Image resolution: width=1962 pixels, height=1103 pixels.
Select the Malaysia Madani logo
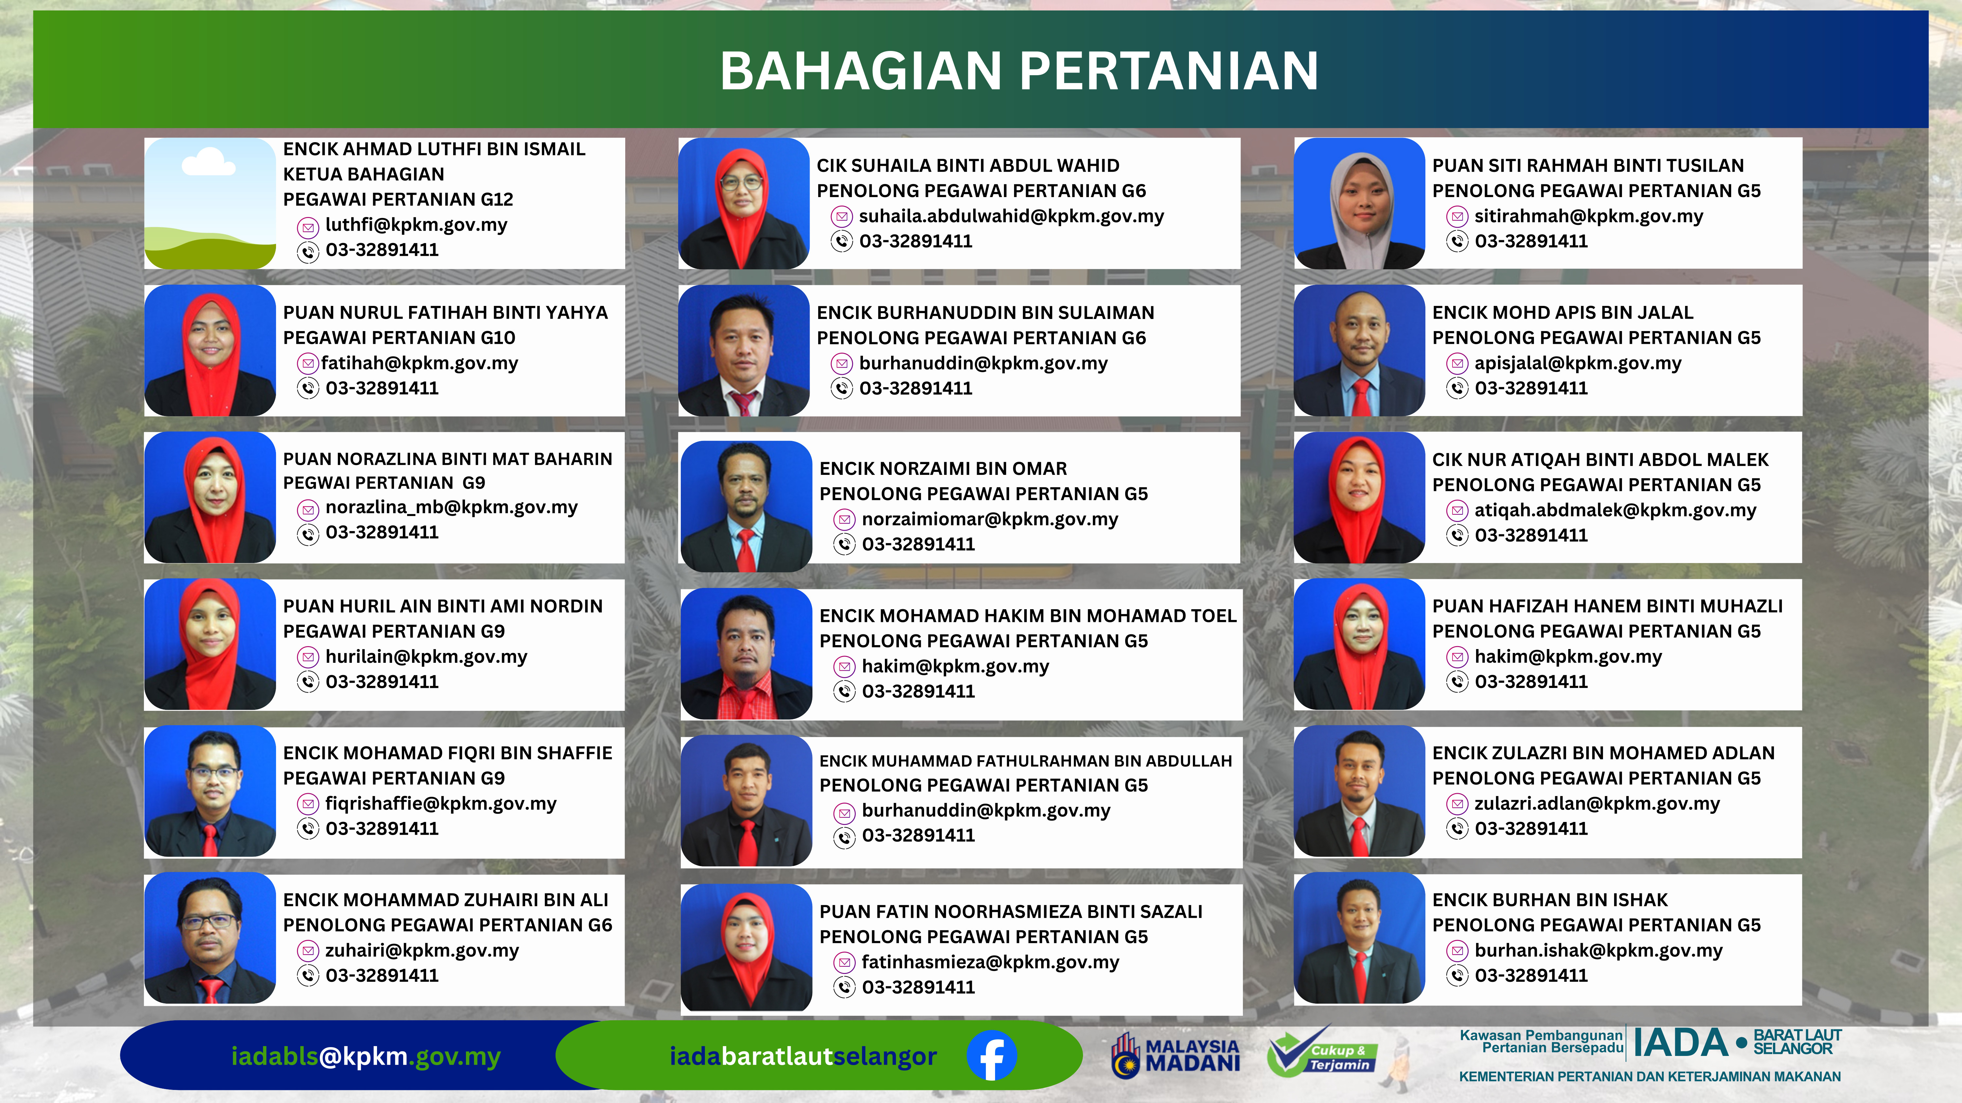pyautogui.click(x=1175, y=1056)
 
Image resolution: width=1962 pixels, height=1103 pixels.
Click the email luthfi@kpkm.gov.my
pyautogui.click(x=416, y=225)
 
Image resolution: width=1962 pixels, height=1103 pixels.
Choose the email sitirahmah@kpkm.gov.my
pyautogui.click(x=1588, y=216)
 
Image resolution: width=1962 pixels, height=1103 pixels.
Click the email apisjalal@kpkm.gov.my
pyautogui.click(x=1577, y=363)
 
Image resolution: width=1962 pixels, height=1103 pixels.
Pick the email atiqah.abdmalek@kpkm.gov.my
pyautogui.click(x=1615, y=510)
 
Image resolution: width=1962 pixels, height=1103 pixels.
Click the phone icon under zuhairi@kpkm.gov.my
pyautogui.click(x=308, y=976)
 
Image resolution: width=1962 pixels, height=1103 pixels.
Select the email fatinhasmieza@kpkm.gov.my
pyautogui.click(x=990, y=962)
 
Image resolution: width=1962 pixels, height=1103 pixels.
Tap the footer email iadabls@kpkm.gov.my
pyautogui.click(x=366, y=1056)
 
